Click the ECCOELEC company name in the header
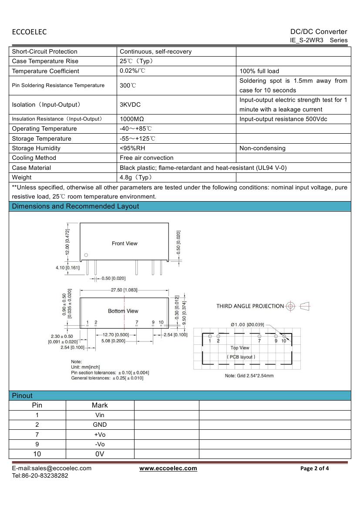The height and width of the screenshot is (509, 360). (x=29, y=32)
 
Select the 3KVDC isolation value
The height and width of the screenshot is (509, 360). (x=130, y=105)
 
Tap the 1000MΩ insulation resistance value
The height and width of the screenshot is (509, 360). (x=132, y=119)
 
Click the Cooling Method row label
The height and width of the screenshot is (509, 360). (x=34, y=158)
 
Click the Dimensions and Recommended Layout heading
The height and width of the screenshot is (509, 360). (x=75, y=206)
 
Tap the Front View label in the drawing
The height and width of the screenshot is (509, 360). (x=124, y=243)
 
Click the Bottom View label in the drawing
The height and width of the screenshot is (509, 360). (x=123, y=311)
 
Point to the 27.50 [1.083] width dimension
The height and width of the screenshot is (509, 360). (x=124, y=290)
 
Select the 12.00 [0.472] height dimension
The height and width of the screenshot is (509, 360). (x=67, y=242)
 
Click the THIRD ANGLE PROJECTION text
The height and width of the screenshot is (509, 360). (x=250, y=306)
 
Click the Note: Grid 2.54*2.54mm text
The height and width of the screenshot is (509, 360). (x=249, y=376)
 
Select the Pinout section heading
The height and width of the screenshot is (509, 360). (x=22, y=395)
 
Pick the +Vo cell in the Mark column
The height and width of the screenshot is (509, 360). (x=100, y=435)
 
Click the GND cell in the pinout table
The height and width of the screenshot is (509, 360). (x=100, y=425)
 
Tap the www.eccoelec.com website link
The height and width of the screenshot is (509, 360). (x=168, y=469)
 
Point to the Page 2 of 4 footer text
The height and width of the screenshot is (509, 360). (x=315, y=469)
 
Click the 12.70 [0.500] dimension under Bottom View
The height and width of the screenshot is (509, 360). (x=115, y=334)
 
